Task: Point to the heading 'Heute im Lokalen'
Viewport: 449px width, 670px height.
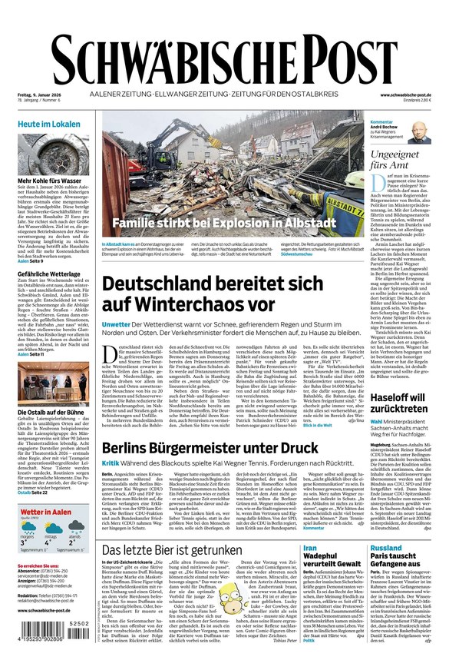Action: (49, 124)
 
